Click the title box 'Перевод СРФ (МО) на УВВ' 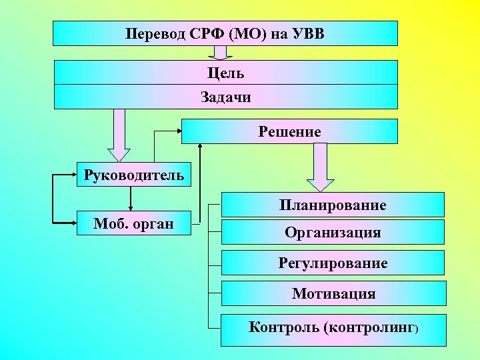[x=225, y=33]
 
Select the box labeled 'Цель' [x=225, y=72]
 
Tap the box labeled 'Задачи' [x=225, y=97]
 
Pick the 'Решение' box [x=289, y=131]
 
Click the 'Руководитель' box [x=134, y=175]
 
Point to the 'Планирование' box [x=332, y=205]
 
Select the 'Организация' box [x=332, y=232]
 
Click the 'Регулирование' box [x=332, y=263]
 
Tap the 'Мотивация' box [x=332, y=293]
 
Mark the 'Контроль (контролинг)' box [x=332, y=329]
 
